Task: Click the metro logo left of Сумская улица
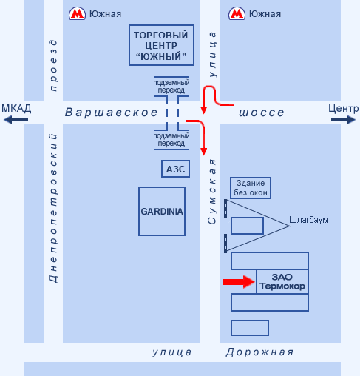(77, 13)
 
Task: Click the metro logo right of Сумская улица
(237, 13)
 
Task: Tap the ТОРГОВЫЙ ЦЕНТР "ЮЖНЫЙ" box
(161, 45)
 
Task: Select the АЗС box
(175, 169)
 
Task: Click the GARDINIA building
(162, 212)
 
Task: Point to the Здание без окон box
(251, 188)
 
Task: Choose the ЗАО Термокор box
(282, 281)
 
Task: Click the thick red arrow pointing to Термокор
(239, 282)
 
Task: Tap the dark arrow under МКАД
(16, 120)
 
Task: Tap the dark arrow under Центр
(343, 120)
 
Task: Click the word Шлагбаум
(308, 220)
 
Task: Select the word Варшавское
(111, 113)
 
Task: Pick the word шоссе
(262, 113)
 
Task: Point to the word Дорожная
(259, 352)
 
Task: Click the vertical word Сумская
(212, 192)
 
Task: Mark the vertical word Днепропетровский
(53, 209)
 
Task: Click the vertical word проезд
(53, 65)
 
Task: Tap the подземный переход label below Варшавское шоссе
(171, 140)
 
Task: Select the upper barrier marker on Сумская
(225, 209)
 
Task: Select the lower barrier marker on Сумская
(225, 244)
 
